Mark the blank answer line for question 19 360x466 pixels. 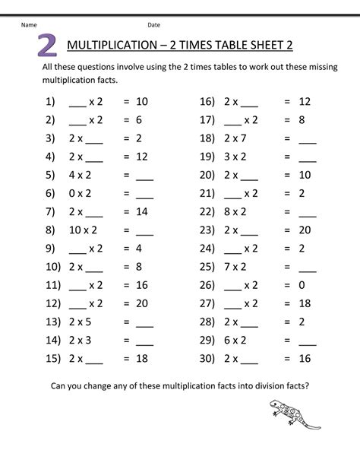pyautogui.click(x=308, y=158)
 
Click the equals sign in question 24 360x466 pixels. pyautogui.click(x=287, y=249)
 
